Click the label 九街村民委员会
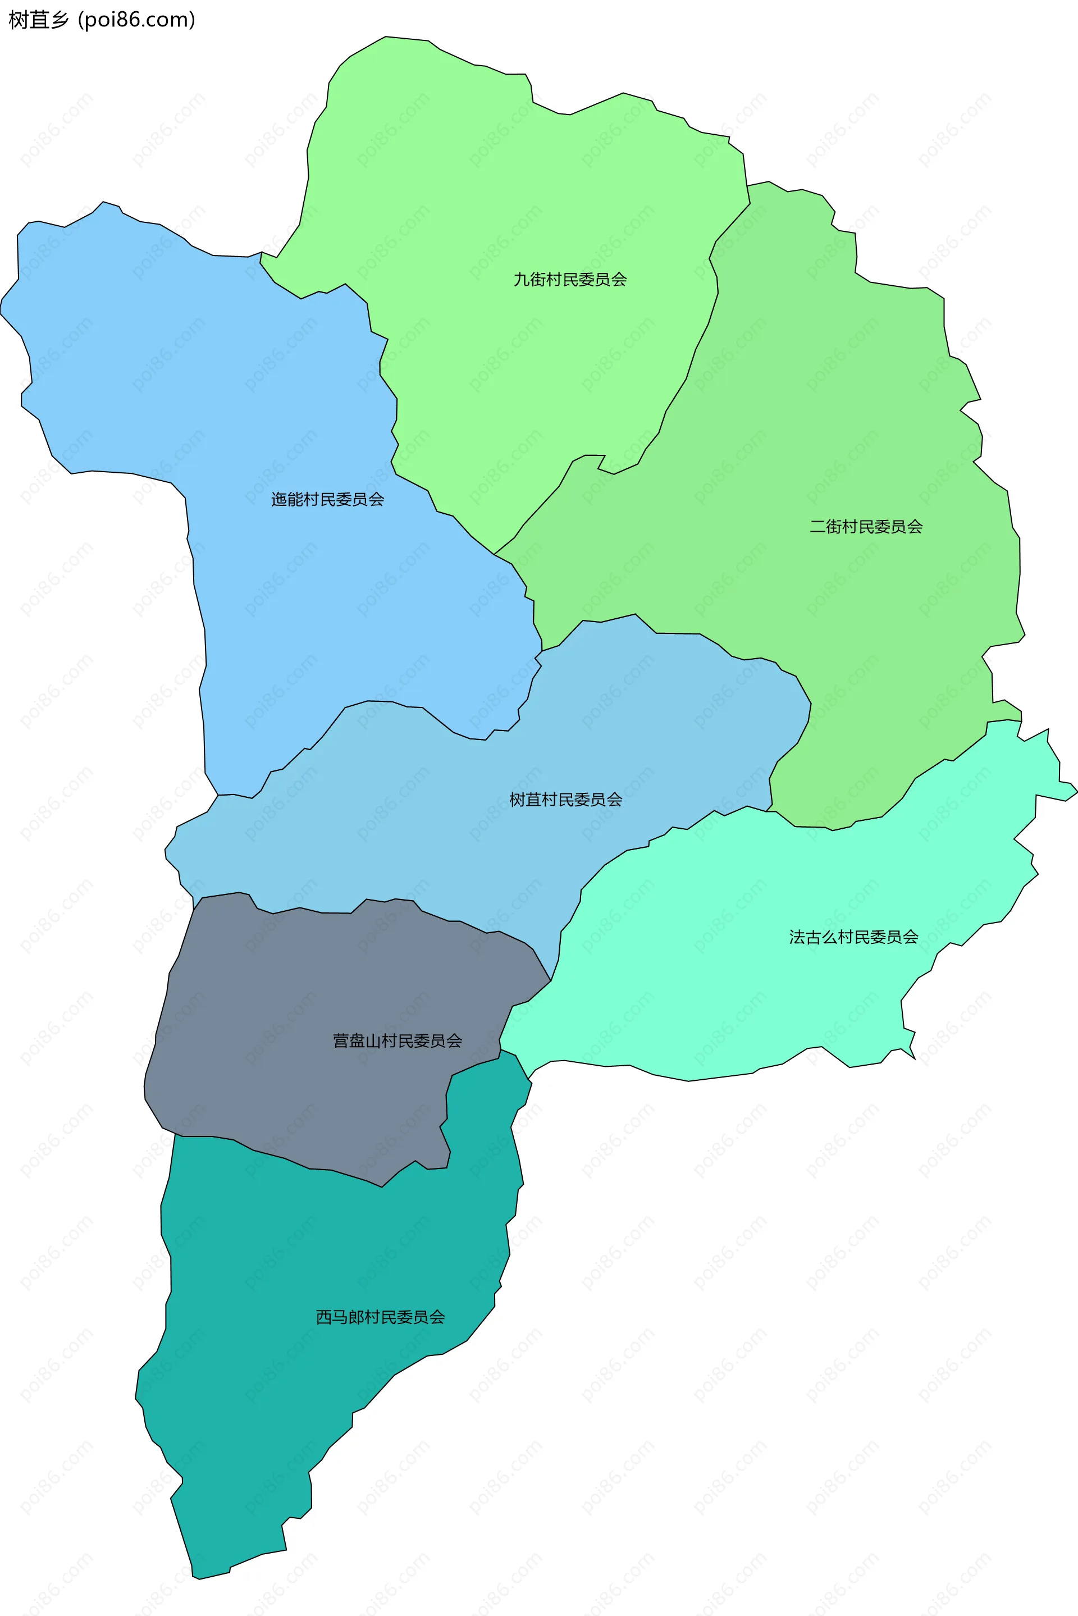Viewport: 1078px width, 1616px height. click(570, 279)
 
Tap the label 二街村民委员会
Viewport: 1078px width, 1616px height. click(866, 527)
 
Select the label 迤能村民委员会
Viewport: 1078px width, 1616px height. click(327, 499)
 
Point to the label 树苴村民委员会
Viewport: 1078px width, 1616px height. click(566, 800)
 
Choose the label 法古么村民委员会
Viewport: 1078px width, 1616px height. click(853, 937)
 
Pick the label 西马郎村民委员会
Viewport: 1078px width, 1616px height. click(380, 1317)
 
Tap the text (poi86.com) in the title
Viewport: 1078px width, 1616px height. click(137, 20)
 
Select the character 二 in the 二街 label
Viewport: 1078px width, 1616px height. click(817, 527)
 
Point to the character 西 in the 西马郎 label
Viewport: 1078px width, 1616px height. click(324, 1317)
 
